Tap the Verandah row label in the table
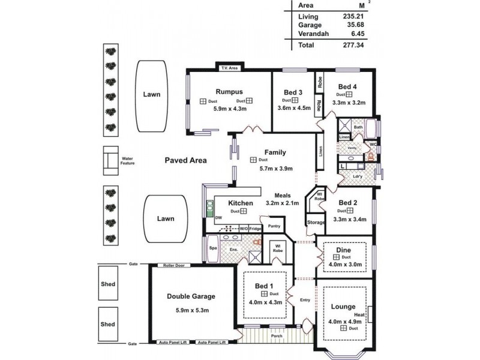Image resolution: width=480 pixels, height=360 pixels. tap(313, 34)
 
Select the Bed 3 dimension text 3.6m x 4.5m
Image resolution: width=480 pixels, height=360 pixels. tap(294, 109)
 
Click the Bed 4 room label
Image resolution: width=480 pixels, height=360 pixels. tap(347, 86)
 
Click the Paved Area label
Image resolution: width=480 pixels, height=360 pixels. tap(186, 160)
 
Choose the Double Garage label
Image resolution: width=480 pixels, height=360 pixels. tap(191, 296)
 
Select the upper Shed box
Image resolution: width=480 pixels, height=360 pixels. tap(108, 284)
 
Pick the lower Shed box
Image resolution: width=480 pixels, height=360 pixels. tap(108, 324)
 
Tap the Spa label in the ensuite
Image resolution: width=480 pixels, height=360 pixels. tap(212, 247)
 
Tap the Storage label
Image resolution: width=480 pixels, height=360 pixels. tap(316, 223)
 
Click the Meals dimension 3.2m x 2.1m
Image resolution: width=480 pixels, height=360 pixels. tap(282, 203)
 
